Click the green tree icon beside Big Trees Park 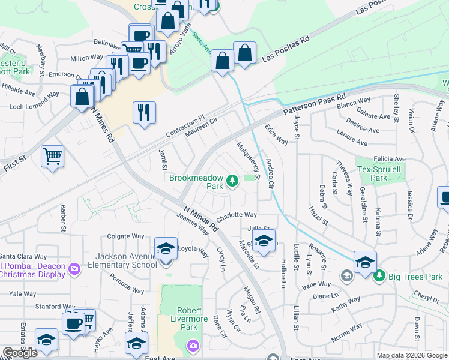click(379, 276)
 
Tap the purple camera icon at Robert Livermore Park click(193, 345)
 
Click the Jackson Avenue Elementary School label click(118, 260)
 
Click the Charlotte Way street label click(237, 215)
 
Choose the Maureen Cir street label click(201, 128)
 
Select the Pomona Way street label click(127, 284)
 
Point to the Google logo click(20, 353)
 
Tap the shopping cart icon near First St click(53, 157)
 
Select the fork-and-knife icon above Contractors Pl click(144, 112)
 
